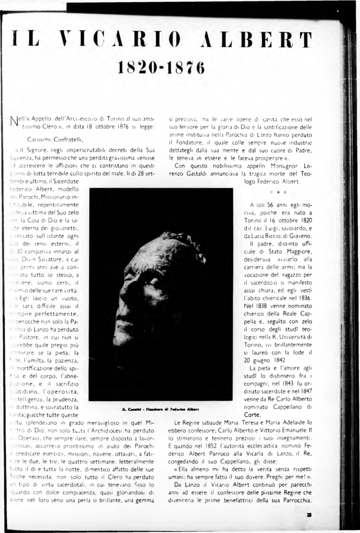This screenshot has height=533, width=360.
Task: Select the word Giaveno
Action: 300,236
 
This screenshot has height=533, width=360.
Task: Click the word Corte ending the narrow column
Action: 252,415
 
